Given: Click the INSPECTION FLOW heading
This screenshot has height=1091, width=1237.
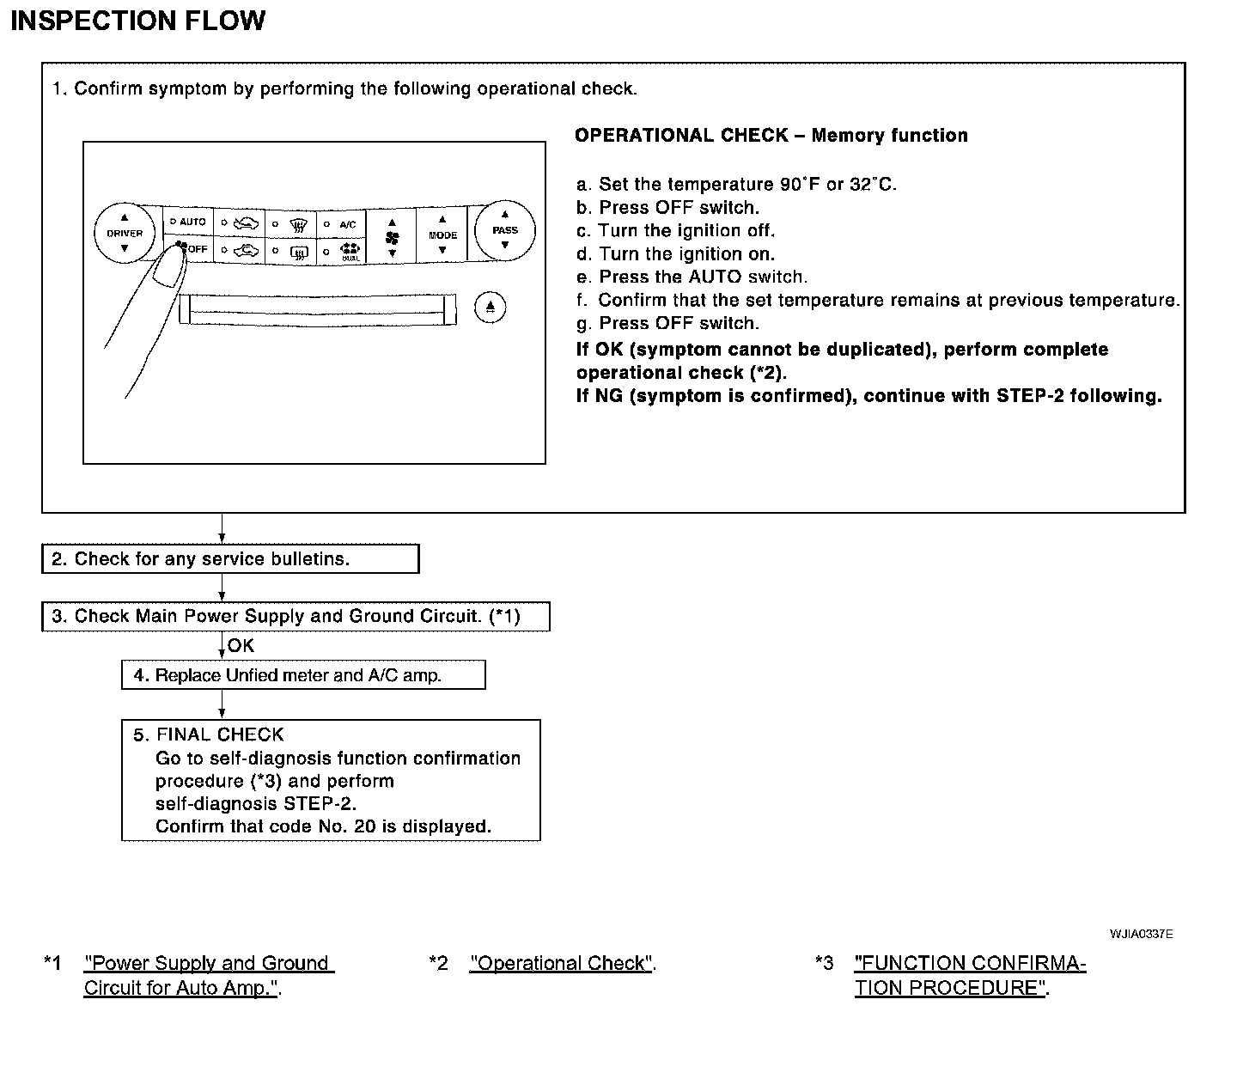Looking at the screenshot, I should coord(137,21).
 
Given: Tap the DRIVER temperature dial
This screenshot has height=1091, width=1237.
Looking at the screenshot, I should coord(125,233).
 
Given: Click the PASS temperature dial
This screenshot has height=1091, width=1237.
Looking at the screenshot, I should coord(504,230).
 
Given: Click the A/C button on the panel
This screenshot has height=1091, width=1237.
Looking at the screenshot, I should coord(342,223).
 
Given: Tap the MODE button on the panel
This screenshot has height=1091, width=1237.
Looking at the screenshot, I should coord(442,235).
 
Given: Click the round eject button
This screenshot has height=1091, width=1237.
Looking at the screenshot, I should coord(490,307).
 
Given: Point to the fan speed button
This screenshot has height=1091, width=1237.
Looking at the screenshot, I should coord(392,235).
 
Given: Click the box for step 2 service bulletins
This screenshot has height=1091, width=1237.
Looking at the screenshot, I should coord(230,559).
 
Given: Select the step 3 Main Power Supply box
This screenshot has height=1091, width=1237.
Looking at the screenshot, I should coord(296,617).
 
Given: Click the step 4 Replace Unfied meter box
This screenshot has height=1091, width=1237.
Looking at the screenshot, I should coord(303,675).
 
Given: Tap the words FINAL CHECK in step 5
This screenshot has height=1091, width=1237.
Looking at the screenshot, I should coord(220,734).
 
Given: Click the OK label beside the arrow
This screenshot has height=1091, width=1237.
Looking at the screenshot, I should coord(241,646).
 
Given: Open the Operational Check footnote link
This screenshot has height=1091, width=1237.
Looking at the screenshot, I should coord(561,964).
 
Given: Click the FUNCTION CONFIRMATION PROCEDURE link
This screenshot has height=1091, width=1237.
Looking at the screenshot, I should coord(970,975).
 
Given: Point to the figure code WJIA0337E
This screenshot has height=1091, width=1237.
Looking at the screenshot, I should coord(1141,934).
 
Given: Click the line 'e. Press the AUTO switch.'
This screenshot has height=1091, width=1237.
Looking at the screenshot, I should coord(692,277).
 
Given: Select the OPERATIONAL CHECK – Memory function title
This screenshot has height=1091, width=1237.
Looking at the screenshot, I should coord(771,136).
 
